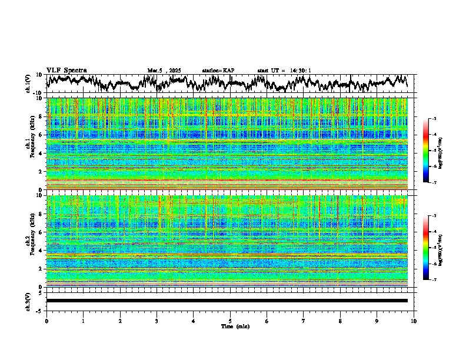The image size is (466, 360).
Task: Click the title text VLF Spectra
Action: (x=66, y=70)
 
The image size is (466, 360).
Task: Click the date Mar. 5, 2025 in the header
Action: (x=164, y=71)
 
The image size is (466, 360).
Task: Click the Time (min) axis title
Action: (x=231, y=326)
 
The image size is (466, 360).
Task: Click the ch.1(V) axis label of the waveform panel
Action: (x=28, y=83)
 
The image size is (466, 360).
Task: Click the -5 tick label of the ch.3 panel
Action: (x=41, y=309)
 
